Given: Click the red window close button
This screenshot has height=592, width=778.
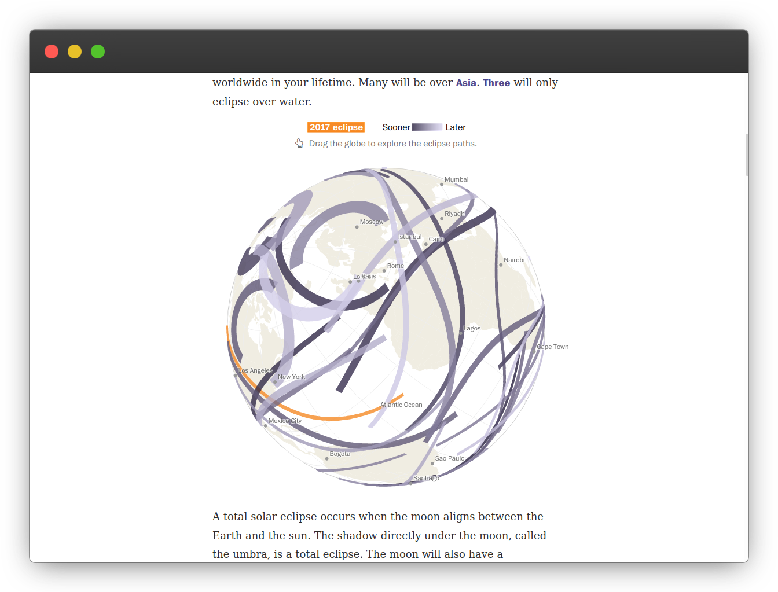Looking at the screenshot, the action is (52, 52).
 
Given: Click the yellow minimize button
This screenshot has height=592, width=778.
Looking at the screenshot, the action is (75, 52).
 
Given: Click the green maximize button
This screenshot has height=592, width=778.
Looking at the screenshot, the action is (97, 52).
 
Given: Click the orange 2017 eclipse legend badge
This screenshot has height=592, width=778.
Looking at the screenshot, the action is (336, 127).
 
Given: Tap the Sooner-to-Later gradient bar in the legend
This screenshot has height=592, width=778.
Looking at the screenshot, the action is (427, 127).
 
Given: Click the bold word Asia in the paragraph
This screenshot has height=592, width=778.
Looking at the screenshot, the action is (465, 83).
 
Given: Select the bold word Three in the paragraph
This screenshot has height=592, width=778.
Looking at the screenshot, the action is (496, 83).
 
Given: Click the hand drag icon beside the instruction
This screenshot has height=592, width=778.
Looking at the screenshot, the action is (299, 143).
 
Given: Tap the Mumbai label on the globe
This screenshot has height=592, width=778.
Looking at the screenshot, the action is (456, 179).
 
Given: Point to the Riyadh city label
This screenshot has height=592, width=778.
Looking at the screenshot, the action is (454, 214).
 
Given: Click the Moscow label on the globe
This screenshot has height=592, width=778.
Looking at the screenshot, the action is (372, 222).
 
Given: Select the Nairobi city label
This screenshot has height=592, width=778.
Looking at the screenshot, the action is (513, 260).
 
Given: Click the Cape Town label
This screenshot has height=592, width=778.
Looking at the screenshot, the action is (552, 347).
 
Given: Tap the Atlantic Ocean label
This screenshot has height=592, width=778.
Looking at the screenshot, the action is (401, 405).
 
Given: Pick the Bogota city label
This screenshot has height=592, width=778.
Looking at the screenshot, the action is (340, 454).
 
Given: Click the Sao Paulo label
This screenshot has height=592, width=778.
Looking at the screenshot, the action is (449, 458).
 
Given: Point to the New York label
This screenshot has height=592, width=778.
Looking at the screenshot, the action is (291, 377).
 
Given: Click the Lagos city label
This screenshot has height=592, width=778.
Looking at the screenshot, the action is (472, 328).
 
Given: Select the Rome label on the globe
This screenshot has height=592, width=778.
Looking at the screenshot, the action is (395, 266).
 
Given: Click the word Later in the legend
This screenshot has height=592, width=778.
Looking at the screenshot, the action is (455, 127).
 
